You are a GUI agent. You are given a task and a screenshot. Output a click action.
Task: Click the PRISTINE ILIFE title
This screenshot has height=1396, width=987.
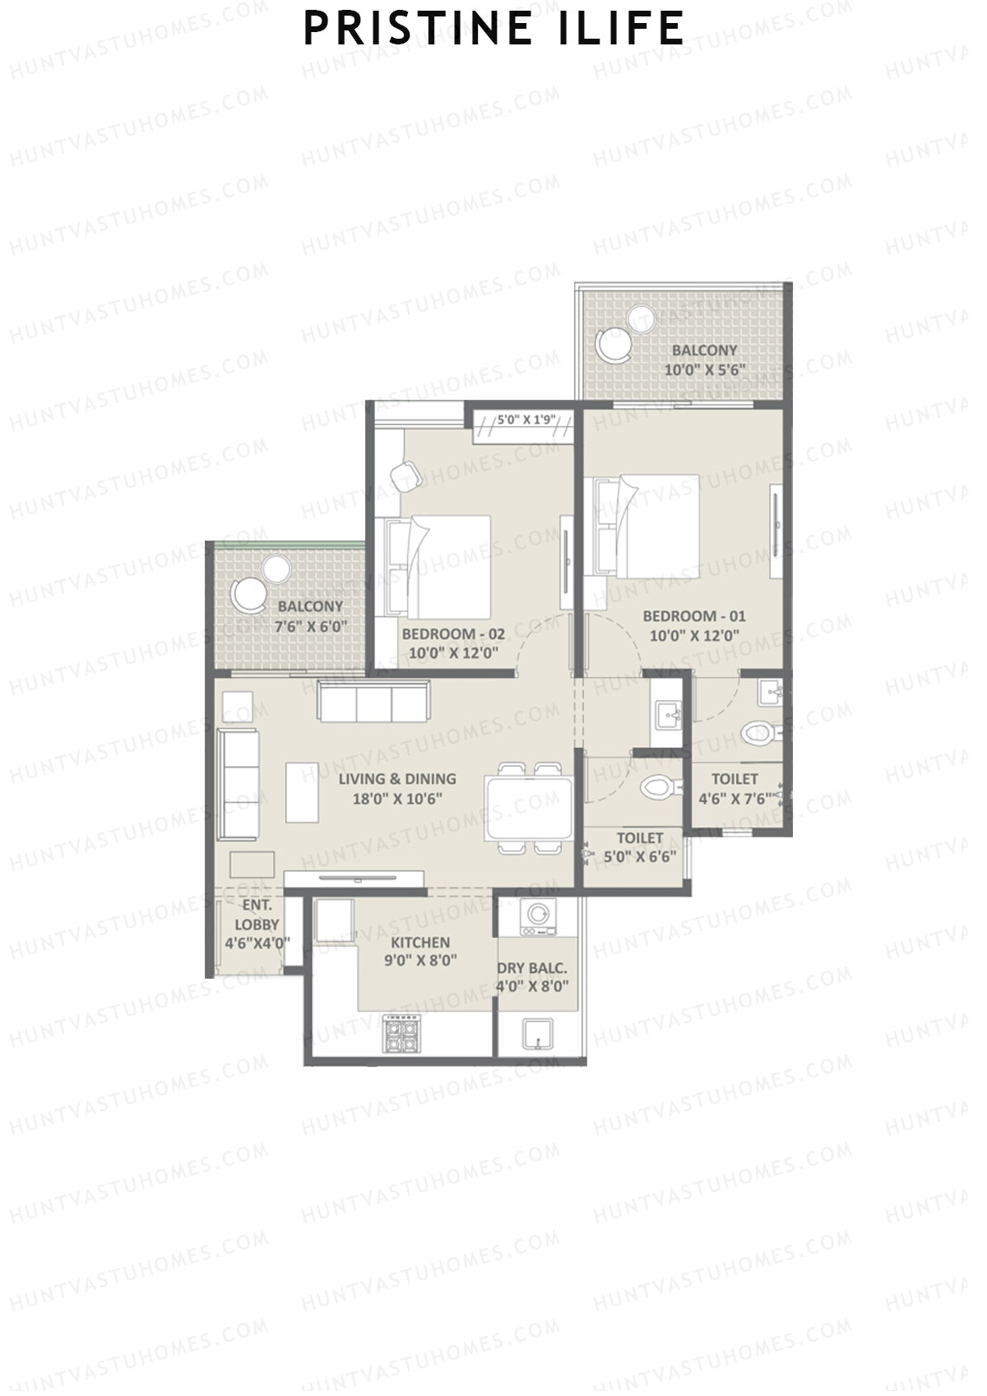[493, 29]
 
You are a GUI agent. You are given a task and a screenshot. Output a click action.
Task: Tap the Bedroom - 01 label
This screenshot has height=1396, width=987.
[694, 616]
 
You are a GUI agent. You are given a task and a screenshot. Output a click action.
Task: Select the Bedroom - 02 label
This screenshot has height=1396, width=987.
[453, 634]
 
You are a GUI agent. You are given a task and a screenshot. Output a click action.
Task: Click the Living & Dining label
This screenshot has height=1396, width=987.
[397, 778]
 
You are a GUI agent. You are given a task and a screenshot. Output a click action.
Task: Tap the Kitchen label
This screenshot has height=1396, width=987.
[419, 943]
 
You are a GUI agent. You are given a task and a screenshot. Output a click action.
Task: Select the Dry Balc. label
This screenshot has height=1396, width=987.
[532, 968]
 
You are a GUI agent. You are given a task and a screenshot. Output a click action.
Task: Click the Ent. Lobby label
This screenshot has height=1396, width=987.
[257, 915]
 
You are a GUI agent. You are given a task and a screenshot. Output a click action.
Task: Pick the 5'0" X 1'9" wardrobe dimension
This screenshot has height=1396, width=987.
[527, 420]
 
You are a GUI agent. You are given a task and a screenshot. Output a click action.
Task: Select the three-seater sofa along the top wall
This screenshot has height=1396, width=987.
[374, 703]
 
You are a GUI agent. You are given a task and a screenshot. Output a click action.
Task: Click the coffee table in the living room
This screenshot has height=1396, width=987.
[302, 792]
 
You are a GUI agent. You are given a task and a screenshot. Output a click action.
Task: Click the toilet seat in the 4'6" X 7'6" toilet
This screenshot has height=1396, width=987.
[755, 731]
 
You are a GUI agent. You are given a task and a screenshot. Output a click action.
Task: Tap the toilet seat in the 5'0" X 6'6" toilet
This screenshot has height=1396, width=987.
[657, 787]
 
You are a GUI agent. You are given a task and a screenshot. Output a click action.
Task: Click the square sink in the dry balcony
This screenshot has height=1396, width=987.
[538, 1034]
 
